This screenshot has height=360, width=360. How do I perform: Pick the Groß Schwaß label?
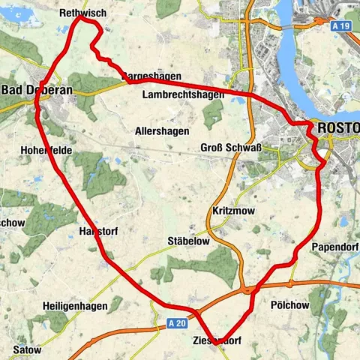click(231, 148)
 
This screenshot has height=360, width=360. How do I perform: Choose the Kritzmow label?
click(234, 211)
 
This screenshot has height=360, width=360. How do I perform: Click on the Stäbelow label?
click(187, 241)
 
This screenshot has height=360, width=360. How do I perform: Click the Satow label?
click(27, 349)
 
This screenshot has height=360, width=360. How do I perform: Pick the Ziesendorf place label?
click(218, 342)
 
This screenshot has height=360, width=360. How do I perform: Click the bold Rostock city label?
click(338, 128)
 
